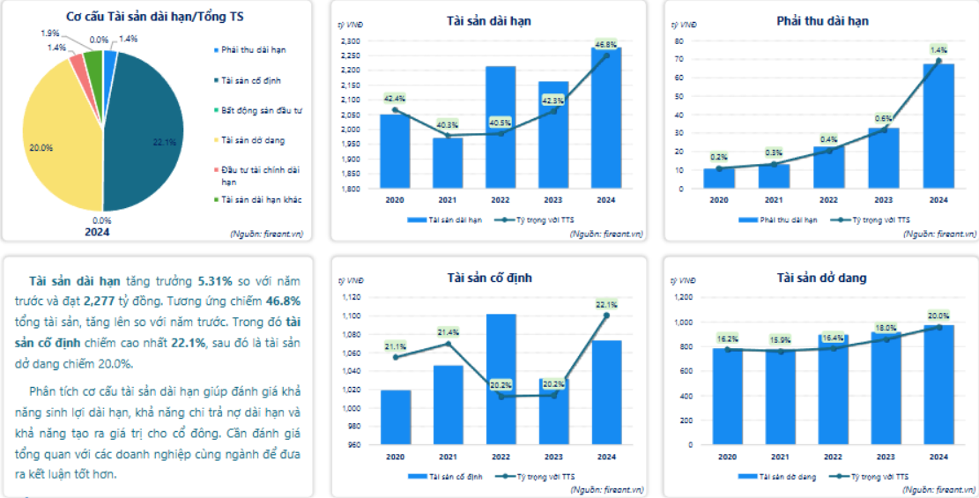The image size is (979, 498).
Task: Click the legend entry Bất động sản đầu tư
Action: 262,110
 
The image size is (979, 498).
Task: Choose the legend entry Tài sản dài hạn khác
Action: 262,200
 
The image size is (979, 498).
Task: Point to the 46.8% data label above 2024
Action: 605,44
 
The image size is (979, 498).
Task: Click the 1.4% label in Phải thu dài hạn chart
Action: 938,50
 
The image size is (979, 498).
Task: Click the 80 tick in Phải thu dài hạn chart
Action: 679,41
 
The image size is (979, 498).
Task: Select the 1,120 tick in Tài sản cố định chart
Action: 350,297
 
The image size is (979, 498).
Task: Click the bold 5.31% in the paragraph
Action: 216,281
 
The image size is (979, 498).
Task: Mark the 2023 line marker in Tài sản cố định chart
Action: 554,395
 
